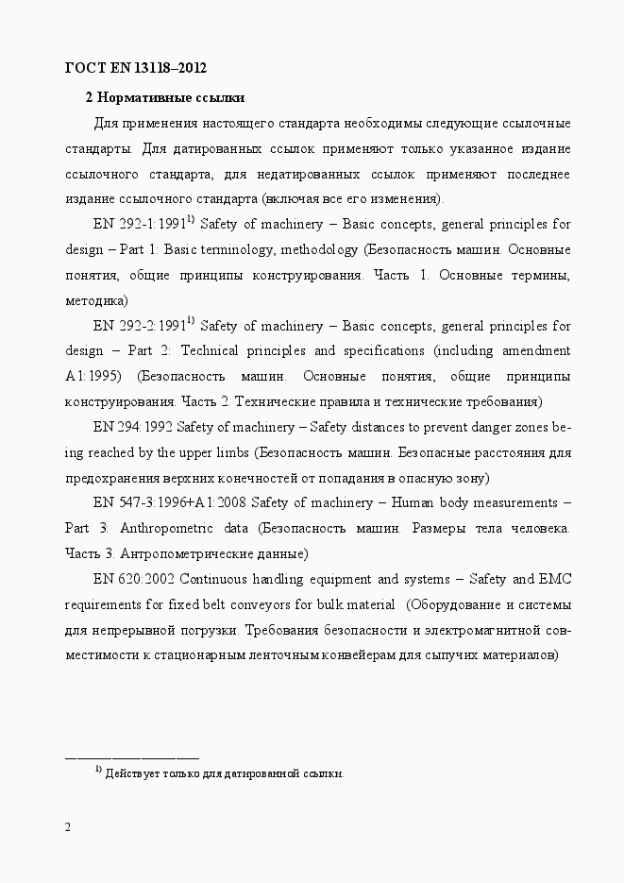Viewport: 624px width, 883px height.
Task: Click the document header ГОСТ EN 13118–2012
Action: [x=135, y=68]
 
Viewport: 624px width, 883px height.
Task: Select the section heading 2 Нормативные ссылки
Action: [x=165, y=97]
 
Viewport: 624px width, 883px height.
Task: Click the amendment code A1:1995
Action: [x=93, y=376]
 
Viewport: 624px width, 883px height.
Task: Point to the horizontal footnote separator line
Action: [x=132, y=756]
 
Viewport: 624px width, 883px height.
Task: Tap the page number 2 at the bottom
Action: [x=68, y=828]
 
